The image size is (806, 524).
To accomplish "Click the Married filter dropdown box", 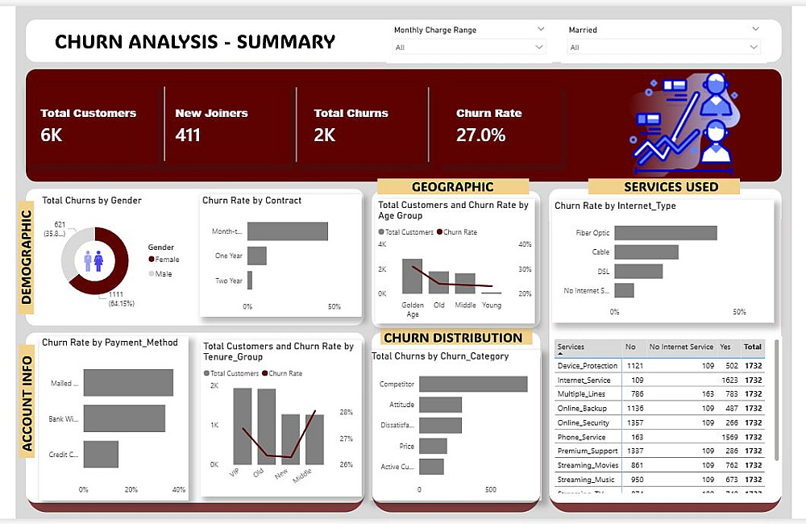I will point(663,48).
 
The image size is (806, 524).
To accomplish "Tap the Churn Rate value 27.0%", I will point(481,135).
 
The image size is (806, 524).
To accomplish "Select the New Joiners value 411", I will point(188,135).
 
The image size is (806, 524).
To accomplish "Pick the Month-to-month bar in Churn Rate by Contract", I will point(287,231).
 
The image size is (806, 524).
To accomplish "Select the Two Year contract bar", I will point(250,281).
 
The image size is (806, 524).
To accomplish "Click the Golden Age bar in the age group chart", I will point(412,277).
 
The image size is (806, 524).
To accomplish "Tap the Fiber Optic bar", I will point(665,233).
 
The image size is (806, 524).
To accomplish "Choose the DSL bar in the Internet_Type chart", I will point(638,271).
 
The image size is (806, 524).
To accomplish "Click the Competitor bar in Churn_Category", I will point(473,384).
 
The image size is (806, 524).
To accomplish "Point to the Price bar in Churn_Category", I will point(433,446).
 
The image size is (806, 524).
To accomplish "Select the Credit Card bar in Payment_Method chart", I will point(101,455).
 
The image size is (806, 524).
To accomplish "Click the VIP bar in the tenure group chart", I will point(242,426).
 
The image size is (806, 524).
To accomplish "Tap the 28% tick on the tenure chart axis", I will point(347,412).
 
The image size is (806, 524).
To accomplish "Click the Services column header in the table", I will point(571,347).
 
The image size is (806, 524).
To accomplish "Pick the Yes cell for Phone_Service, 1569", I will point(728,437).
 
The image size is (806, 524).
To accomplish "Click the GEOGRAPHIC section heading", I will point(452,187).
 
